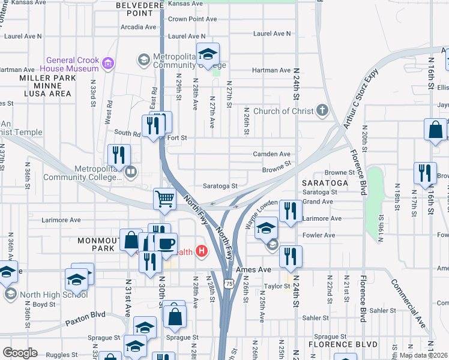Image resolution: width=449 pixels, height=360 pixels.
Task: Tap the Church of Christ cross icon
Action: [x=323, y=110]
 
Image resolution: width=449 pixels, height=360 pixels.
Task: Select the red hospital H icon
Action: [x=202, y=252]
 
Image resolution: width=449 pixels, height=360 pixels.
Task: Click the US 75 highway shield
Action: [x=229, y=283]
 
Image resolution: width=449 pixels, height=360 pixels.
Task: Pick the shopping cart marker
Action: [x=164, y=198]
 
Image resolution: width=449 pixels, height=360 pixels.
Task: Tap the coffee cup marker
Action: [x=166, y=244]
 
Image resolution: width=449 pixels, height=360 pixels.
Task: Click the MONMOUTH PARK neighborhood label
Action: [x=104, y=244]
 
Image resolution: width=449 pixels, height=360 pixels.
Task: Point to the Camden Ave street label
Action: [x=271, y=154]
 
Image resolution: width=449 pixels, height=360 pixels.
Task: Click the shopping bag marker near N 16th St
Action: [x=435, y=130]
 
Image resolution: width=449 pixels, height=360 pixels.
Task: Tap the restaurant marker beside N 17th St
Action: [x=425, y=172]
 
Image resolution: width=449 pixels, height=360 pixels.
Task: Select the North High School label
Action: [x=54, y=295]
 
